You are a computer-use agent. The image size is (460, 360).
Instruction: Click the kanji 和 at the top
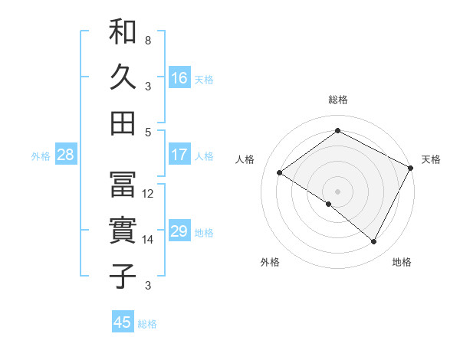coord(123,33)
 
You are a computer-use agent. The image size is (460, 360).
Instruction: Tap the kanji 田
coord(123,122)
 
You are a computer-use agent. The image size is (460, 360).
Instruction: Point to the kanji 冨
coord(123,185)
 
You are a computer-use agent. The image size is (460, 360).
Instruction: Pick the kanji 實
coord(123,230)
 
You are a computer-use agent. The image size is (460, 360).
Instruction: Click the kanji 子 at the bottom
coord(123,275)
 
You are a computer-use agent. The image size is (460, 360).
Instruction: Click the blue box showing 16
coord(179,78)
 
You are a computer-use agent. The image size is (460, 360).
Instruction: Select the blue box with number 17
coord(179,155)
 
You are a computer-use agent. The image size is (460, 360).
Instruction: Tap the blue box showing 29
coord(179,231)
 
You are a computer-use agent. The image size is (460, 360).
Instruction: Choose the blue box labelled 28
coord(66,155)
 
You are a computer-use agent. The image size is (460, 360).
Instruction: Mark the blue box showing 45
coord(123,322)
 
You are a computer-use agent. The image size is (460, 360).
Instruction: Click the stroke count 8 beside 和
coord(147,40)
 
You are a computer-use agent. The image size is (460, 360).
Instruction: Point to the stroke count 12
coord(148,194)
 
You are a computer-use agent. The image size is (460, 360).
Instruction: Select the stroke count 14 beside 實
coord(148,240)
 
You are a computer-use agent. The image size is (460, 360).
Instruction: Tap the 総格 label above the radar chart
coord(338,100)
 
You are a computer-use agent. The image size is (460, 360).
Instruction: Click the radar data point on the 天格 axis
coord(411,169)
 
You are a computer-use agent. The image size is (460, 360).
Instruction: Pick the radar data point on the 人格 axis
coord(280,173)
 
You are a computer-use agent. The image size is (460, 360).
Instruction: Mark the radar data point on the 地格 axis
coord(374,242)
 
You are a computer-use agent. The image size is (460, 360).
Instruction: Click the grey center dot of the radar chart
coord(337,191)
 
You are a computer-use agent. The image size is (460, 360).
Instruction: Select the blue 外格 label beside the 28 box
coord(41,156)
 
